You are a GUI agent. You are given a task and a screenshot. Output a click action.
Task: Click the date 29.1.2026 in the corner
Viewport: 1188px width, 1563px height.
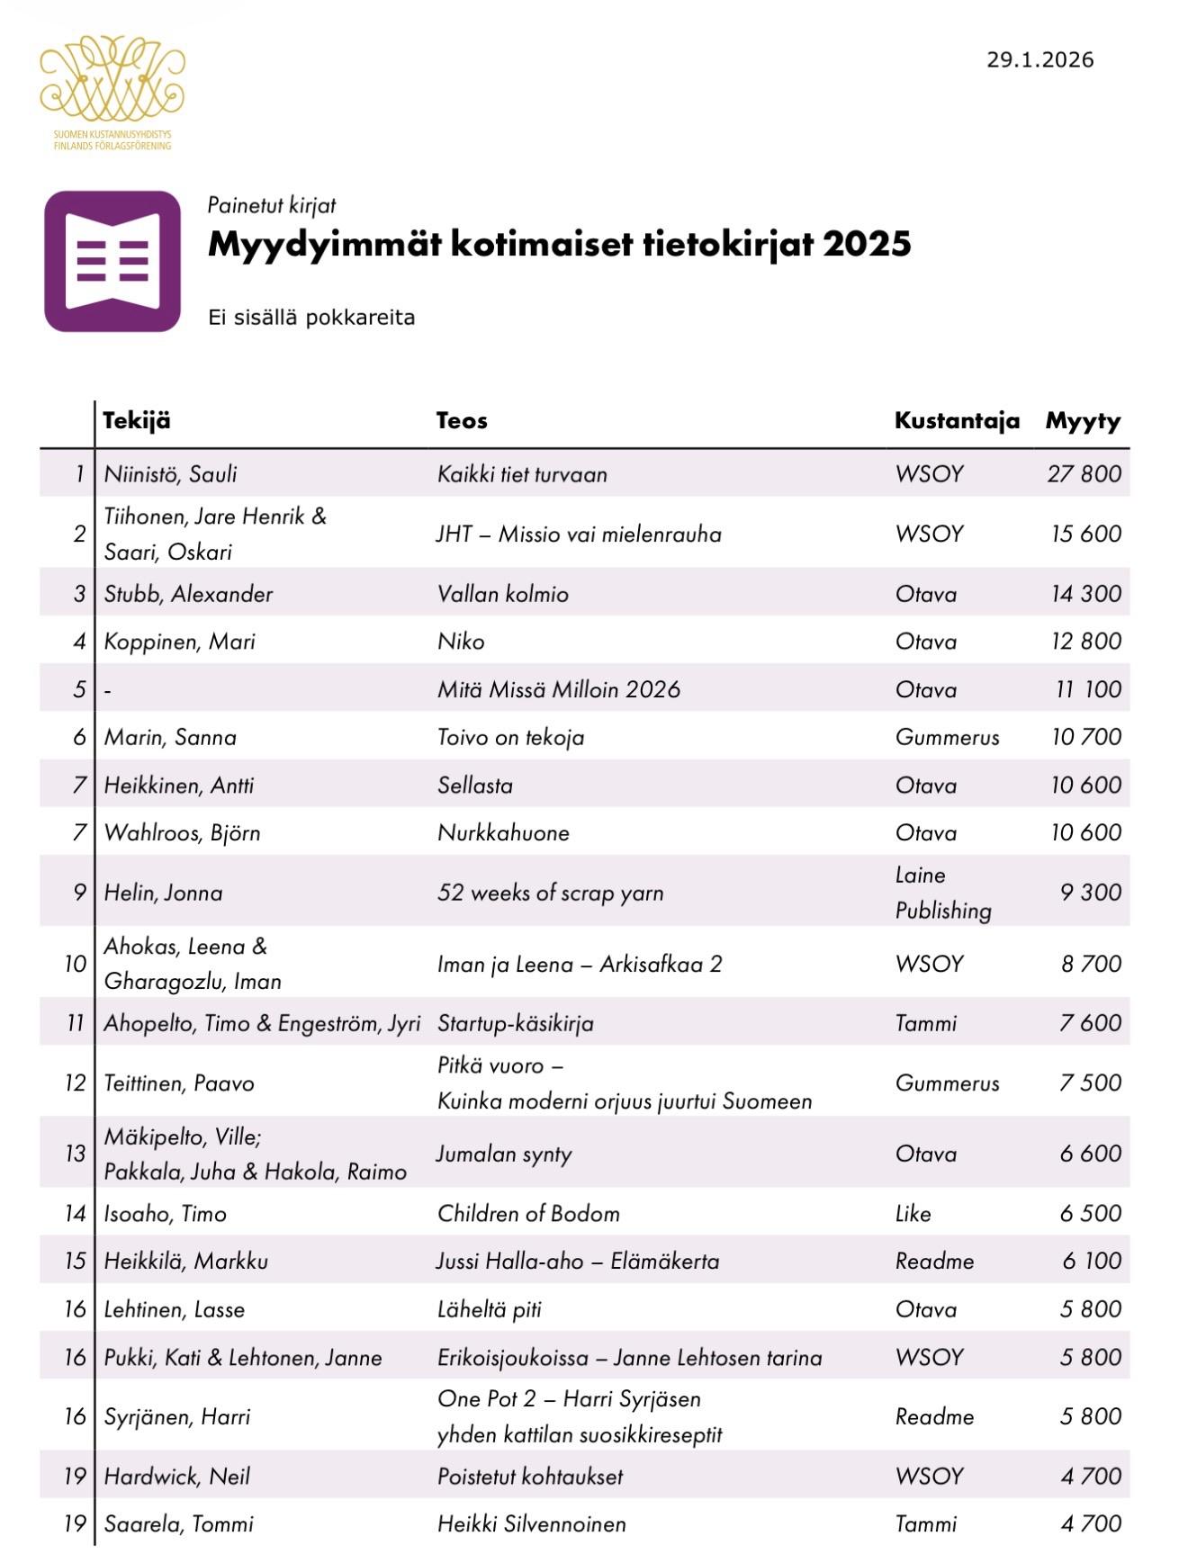pyautogui.click(x=1039, y=60)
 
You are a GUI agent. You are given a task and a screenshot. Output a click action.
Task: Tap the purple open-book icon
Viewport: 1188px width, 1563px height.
pyautogui.click(x=112, y=261)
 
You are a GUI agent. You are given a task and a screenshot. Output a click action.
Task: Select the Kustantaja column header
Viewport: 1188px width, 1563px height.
pyautogui.click(x=956, y=421)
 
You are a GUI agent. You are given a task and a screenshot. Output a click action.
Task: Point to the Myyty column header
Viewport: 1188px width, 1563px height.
pyautogui.click(x=1083, y=421)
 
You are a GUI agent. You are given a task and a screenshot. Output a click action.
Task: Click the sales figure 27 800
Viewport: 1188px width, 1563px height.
pyautogui.click(x=1084, y=474)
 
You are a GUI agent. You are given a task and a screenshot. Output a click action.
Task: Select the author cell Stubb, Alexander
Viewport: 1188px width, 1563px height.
pyautogui.click(x=188, y=594)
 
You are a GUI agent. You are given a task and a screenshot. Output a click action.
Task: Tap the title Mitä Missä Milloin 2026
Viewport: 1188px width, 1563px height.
pyautogui.click(x=558, y=690)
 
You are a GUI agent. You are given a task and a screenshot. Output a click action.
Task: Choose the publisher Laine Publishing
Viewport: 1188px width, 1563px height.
pyautogui.click(x=942, y=893)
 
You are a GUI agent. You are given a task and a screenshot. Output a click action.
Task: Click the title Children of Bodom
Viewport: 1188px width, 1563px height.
pyautogui.click(x=528, y=1214)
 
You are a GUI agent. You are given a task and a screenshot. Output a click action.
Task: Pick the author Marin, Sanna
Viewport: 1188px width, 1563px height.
pyautogui.click(x=170, y=738)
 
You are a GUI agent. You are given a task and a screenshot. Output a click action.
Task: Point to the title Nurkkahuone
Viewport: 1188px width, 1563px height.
pyautogui.click(x=503, y=833)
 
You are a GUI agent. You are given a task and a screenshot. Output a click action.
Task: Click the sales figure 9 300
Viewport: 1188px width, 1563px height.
pyautogui.click(x=1090, y=893)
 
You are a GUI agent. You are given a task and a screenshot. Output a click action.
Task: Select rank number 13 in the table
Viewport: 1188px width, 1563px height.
pyautogui.click(x=75, y=1154)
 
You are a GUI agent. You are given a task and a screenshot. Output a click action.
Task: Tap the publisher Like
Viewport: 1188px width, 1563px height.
pyautogui.click(x=913, y=1214)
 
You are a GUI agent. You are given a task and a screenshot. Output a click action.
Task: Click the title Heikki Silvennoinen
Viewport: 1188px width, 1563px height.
pyautogui.click(x=531, y=1524)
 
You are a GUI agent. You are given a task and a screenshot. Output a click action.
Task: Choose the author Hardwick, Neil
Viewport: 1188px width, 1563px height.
pyautogui.click(x=176, y=1477)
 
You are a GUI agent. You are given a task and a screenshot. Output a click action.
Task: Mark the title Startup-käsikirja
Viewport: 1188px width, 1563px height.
pyautogui.click(x=515, y=1024)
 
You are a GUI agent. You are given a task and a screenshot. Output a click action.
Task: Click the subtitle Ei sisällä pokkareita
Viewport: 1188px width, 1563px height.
pyautogui.click(x=310, y=318)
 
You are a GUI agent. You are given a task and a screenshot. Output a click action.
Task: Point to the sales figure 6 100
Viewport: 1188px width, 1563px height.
pyautogui.click(x=1091, y=1262)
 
